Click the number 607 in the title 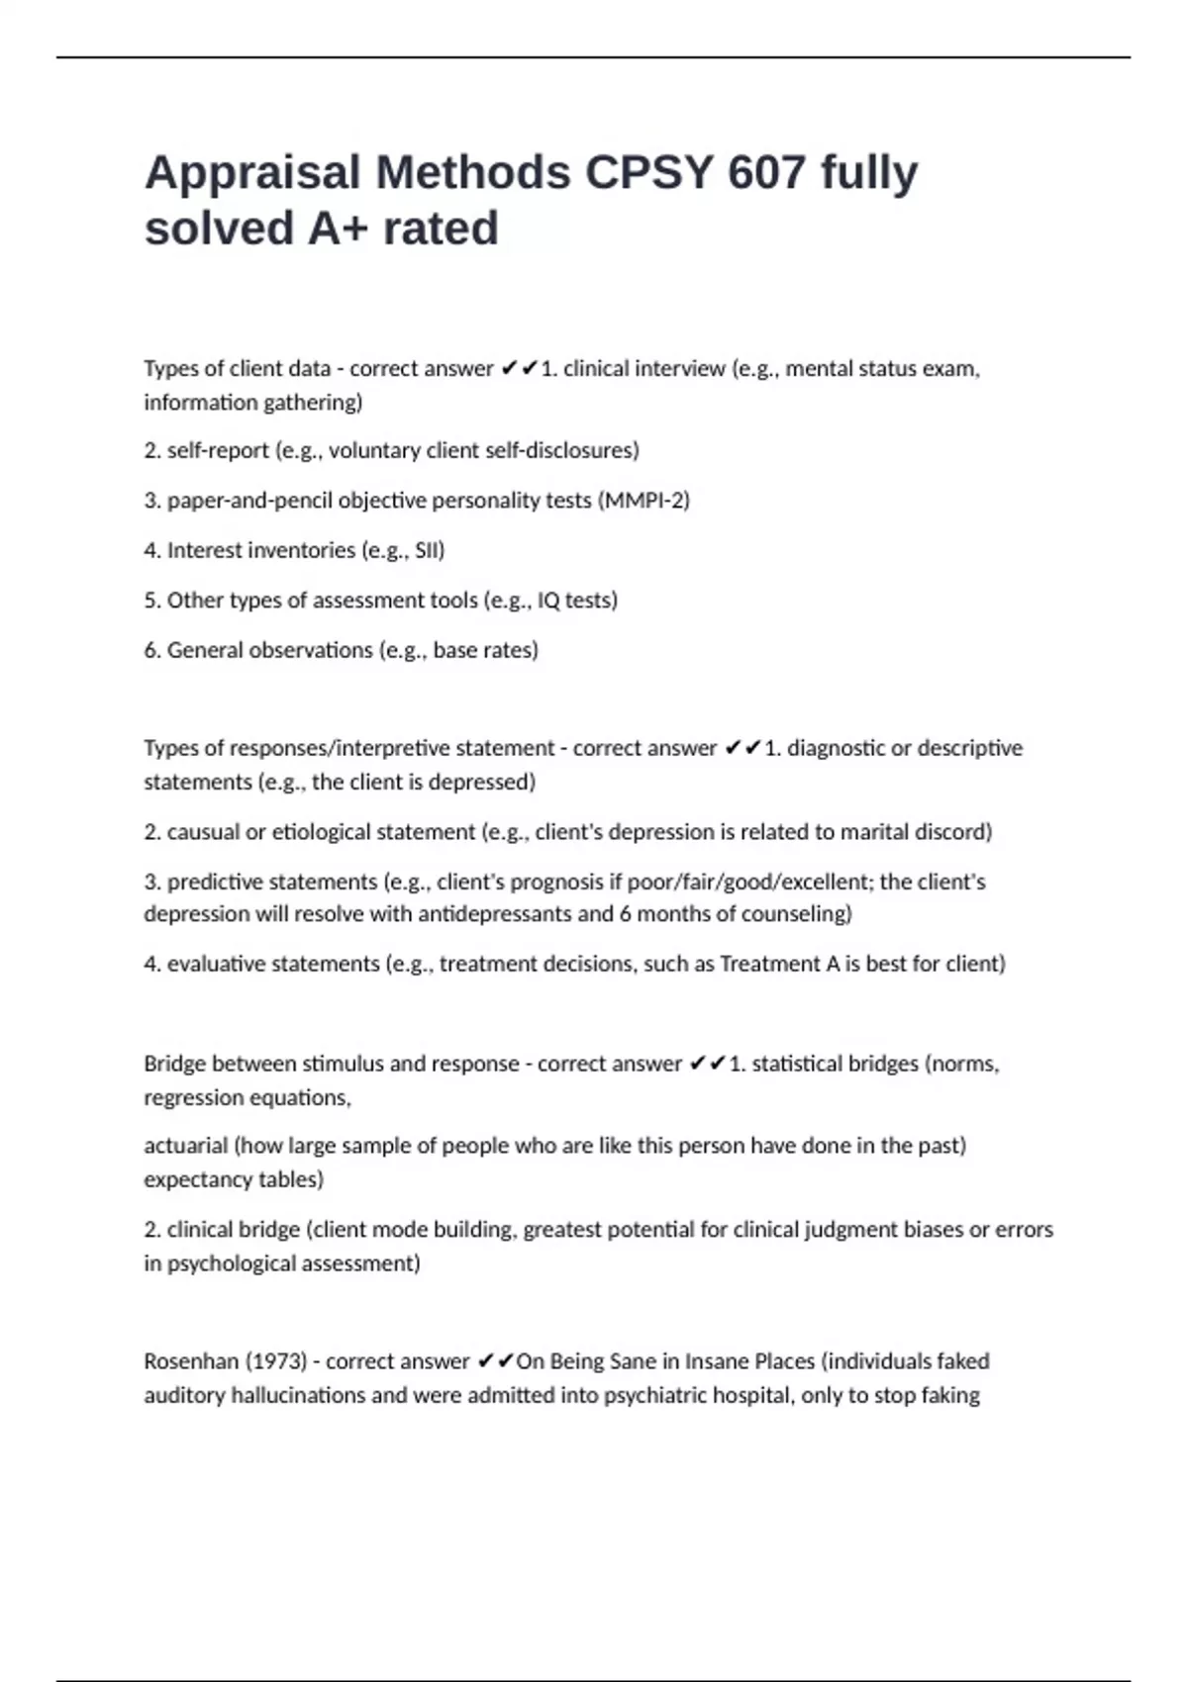pos(766,173)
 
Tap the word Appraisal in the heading pos(253,173)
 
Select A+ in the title pos(338,230)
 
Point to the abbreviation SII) pos(430,550)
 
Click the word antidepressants pos(495,914)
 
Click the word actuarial pos(185,1146)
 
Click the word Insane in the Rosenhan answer pos(717,1361)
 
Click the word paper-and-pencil pos(249,501)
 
